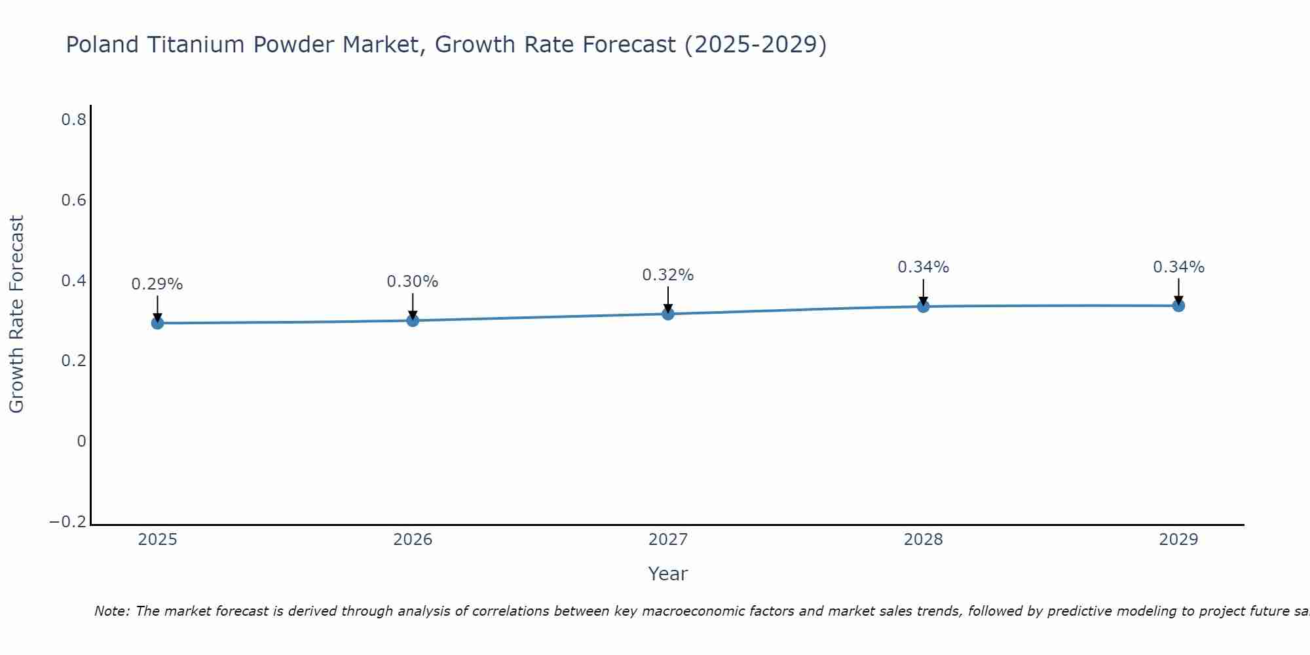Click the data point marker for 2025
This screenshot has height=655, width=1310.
click(x=157, y=323)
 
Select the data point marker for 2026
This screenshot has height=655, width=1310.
click(x=413, y=320)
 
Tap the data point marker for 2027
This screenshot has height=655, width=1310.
click(x=668, y=314)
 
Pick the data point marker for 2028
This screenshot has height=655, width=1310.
click(x=923, y=306)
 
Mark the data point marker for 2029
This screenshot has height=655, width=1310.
click(x=1178, y=305)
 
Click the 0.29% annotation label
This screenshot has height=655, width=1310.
click(x=157, y=284)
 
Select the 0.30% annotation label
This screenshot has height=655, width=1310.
click(x=413, y=282)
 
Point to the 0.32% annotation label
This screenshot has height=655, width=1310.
click(x=668, y=275)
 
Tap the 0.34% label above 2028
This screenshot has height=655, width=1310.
click(x=923, y=267)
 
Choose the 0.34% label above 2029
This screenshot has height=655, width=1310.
click(x=1178, y=267)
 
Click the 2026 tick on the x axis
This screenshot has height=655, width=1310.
click(x=413, y=540)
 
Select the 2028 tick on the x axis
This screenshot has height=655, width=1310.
click(x=923, y=540)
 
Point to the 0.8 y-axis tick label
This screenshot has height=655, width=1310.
click(x=73, y=120)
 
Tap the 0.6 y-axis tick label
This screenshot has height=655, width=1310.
click(x=73, y=200)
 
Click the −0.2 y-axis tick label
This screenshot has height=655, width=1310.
click(x=68, y=522)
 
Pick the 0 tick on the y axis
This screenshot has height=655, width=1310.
click(x=81, y=441)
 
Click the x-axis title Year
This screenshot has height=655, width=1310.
click(x=667, y=574)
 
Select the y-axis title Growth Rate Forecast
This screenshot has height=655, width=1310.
click(x=17, y=314)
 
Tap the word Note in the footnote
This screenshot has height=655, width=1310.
click(x=111, y=612)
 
